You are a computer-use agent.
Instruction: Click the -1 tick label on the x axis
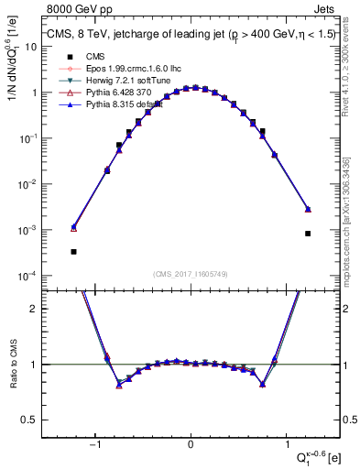point(95,445)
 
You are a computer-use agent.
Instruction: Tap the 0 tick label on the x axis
point(191,445)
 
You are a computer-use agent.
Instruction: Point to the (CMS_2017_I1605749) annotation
point(191,274)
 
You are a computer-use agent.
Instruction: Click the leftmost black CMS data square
point(73,252)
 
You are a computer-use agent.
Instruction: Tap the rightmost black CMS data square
point(308,234)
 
